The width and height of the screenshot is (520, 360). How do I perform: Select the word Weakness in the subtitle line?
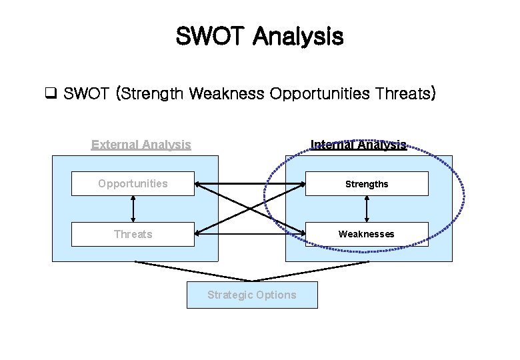(x=227, y=94)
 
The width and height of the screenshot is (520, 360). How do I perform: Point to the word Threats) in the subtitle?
(x=405, y=94)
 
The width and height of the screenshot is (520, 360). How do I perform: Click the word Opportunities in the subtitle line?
(x=319, y=94)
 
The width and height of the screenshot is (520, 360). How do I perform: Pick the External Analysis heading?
(x=141, y=145)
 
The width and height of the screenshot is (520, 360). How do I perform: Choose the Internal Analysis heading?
(x=359, y=145)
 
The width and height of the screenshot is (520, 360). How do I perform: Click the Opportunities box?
(x=133, y=183)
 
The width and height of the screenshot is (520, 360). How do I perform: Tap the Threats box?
(x=133, y=234)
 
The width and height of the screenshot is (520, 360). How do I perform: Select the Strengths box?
(x=367, y=184)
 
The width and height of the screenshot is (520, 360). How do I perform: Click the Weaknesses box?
(x=367, y=234)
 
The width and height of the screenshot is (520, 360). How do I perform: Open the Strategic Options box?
(x=252, y=295)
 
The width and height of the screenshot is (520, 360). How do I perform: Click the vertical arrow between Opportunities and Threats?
(x=133, y=209)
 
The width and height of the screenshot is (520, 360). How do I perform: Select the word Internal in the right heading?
(x=331, y=145)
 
